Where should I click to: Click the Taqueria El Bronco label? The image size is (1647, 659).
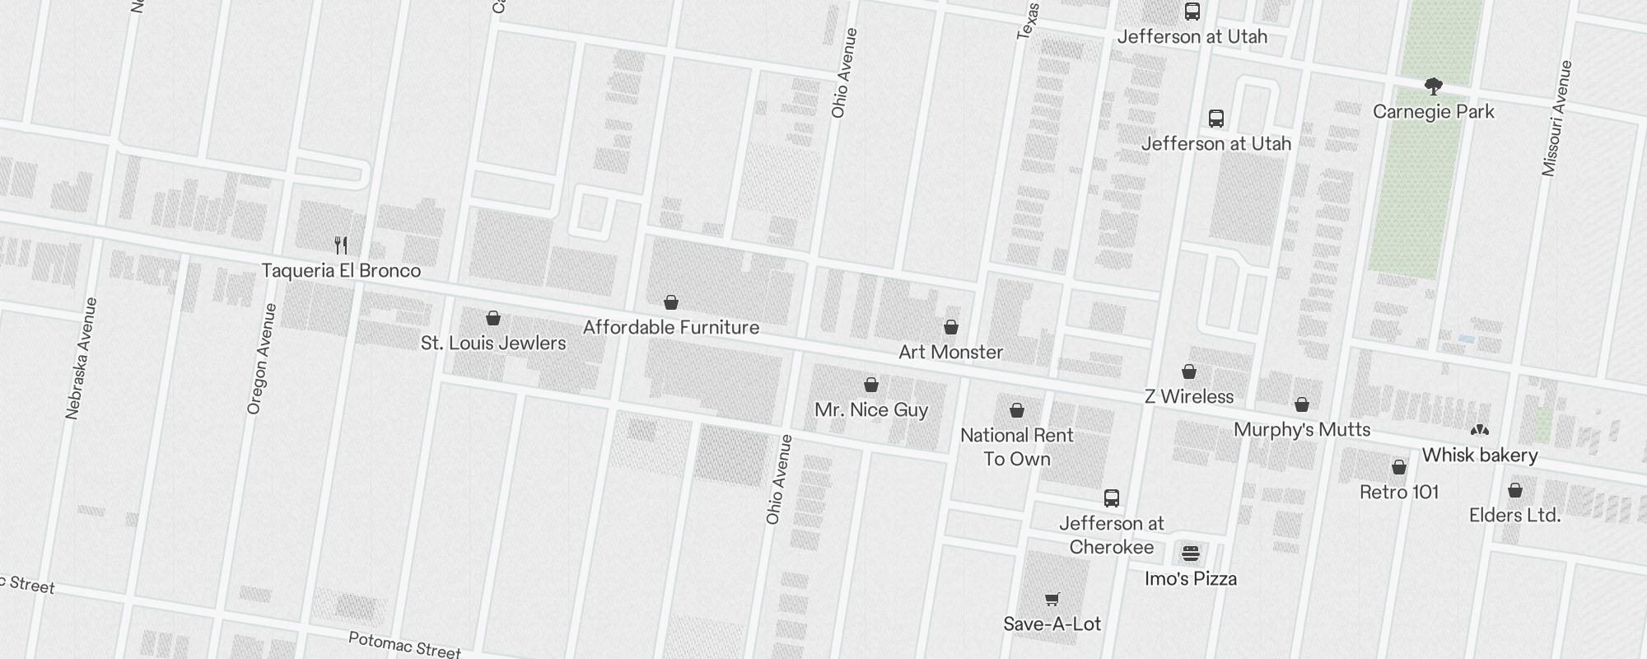pos(341,270)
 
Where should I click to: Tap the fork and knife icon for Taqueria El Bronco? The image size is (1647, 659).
pos(341,245)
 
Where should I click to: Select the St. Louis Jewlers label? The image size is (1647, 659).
pos(493,343)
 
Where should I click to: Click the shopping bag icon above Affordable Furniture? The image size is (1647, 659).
pos(671,302)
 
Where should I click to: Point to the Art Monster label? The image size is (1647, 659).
pos(950,352)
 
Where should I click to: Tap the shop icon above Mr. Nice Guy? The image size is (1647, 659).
pos(871,385)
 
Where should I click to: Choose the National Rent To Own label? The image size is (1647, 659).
pos(1017,446)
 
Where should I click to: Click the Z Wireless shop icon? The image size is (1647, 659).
pos(1189,372)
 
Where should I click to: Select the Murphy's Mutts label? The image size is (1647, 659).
pos(1302,429)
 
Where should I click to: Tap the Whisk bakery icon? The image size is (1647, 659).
pos(1480,430)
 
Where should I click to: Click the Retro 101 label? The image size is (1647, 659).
pos(1399,492)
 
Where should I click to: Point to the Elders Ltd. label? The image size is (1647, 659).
pos(1515,515)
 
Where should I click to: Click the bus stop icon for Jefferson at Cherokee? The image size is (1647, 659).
pos(1112,498)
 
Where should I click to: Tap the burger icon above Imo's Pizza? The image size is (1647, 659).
pos(1191,553)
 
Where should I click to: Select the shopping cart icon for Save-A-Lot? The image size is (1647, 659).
pos(1052,599)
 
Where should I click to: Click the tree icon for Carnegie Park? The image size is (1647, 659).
pos(1433,86)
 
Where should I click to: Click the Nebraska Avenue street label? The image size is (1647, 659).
pos(82,358)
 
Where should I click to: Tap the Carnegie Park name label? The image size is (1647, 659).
pos(1433,111)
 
